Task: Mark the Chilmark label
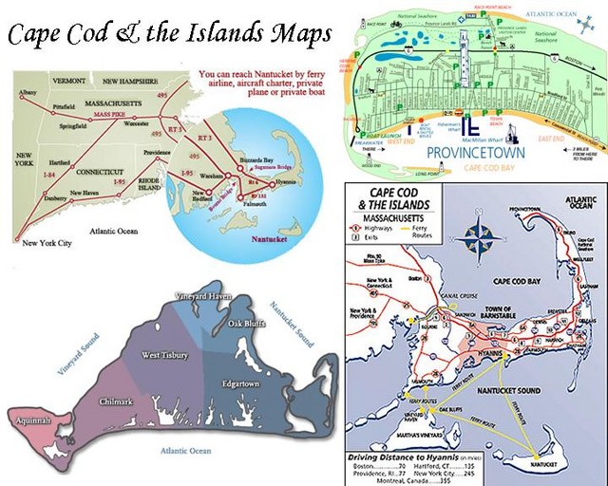coord(117,402)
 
